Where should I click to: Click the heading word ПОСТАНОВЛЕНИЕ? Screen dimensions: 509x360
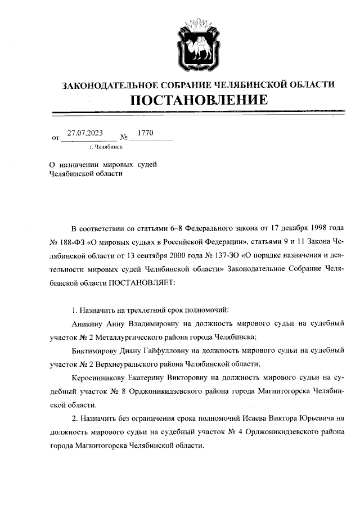click(x=197, y=101)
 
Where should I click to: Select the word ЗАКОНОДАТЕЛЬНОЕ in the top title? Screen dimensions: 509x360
click(x=106, y=84)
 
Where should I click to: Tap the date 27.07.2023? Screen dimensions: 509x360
click(x=85, y=133)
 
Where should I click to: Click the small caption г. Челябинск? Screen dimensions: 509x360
click(x=106, y=147)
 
